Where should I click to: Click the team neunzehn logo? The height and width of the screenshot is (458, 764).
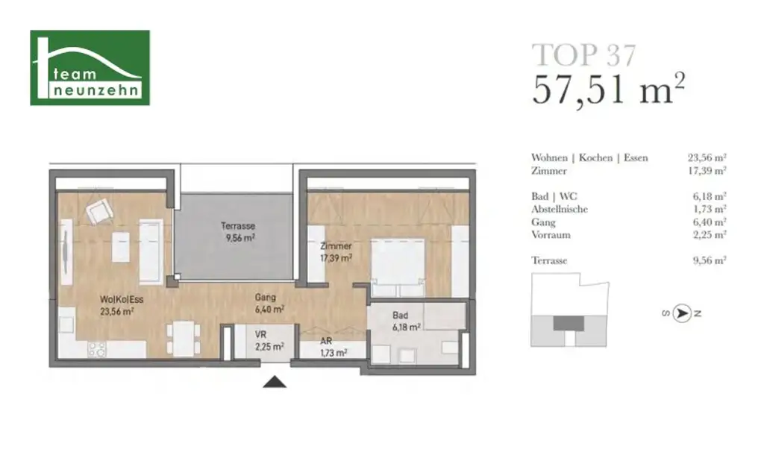coord(90,68)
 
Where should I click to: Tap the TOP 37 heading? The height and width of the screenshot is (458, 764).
coord(583,54)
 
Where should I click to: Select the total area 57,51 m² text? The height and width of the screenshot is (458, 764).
coord(607,90)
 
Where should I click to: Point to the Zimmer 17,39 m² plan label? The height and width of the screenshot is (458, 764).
coord(336,251)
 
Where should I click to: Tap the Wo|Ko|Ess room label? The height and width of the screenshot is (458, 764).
coord(118,306)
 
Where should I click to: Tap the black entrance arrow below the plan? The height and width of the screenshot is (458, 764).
coord(276,383)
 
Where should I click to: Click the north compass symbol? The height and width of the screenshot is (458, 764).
coord(680,314)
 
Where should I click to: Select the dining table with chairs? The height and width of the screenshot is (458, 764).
coord(182,338)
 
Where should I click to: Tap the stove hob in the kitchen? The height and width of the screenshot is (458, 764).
coord(98,348)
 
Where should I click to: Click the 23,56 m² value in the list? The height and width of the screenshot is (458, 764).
coord(707,158)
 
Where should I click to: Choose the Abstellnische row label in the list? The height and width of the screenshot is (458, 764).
coord(560,210)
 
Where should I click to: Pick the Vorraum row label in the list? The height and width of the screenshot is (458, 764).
coord(551,235)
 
